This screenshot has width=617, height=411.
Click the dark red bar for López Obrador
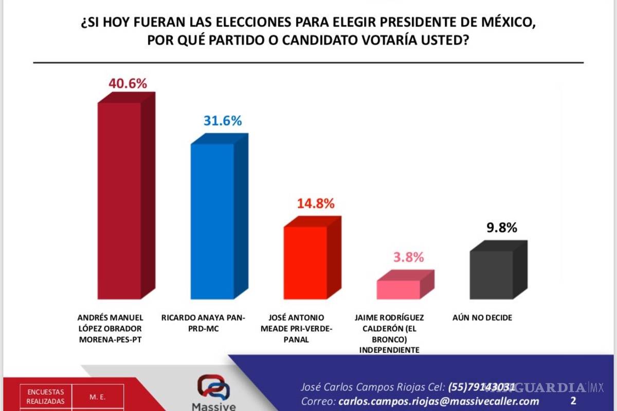point(119,200)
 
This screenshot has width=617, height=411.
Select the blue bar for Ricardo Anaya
point(212,221)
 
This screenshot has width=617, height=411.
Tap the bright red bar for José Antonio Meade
point(306,263)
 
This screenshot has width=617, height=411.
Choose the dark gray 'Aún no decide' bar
point(492,275)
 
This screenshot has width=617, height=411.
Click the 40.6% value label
point(128,84)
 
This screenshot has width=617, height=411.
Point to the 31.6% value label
point(222,121)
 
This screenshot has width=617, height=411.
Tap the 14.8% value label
point(315,203)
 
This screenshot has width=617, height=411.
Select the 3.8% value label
point(409,257)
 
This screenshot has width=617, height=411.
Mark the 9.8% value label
point(501,228)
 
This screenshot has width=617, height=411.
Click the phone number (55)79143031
point(482,387)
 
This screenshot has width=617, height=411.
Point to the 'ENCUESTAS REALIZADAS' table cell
point(46,397)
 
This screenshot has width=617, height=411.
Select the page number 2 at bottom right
point(573,400)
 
